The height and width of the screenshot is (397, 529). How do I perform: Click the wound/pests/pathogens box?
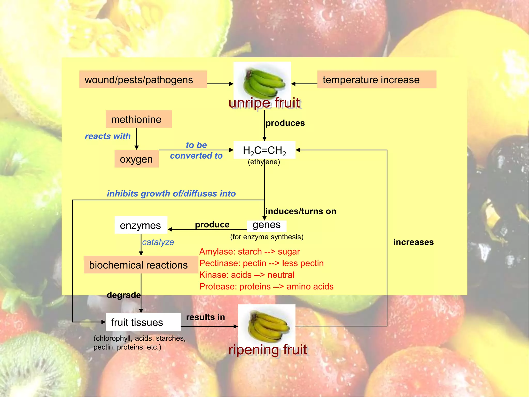click(143, 79)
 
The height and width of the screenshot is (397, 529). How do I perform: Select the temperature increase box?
click(376, 79)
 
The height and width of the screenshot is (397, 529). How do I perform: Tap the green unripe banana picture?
click(262, 81)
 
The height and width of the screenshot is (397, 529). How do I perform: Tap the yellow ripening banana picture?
click(267, 324)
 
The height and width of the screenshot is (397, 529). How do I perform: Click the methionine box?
click(139, 119)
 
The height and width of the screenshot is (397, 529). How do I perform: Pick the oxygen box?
click(136, 159)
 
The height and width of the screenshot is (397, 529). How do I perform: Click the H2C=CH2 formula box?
click(264, 150)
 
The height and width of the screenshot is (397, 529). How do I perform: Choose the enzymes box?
click(141, 225)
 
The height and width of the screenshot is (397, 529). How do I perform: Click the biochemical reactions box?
click(141, 265)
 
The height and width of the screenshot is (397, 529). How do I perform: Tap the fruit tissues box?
click(143, 322)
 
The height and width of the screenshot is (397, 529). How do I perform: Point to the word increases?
click(413, 242)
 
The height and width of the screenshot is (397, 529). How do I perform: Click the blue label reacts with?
click(108, 136)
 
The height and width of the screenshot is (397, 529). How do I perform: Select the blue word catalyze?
click(158, 242)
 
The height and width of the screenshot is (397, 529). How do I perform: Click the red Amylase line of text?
click(249, 251)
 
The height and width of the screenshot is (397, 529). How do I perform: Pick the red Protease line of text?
click(266, 286)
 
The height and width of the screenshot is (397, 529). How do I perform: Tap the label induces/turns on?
click(301, 211)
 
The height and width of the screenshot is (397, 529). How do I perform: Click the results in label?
click(205, 317)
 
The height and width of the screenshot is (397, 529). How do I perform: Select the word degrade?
click(124, 295)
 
